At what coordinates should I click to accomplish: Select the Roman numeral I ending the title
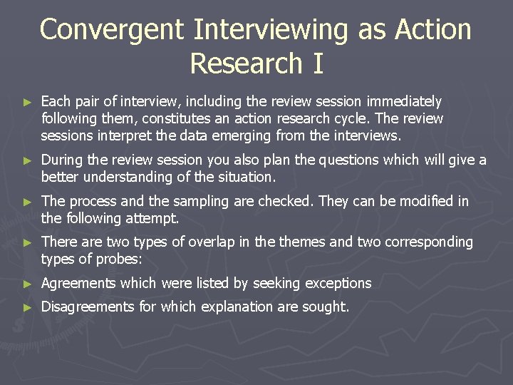tap(317, 63)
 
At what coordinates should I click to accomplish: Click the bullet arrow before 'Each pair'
tap(28, 103)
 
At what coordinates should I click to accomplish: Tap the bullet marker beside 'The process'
tap(28, 202)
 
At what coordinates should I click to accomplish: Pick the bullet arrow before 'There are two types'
tap(28, 243)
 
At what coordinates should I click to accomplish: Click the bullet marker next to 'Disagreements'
tap(28, 307)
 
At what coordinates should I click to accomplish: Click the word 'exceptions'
tap(338, 284)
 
